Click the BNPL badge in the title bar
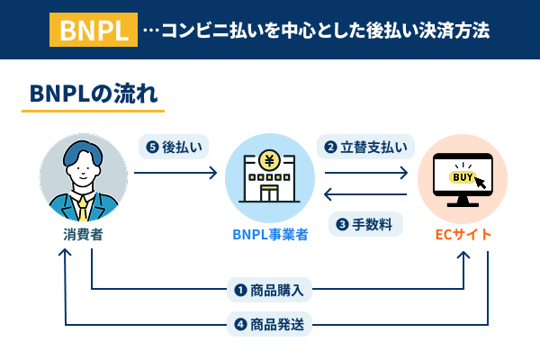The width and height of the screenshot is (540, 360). (94, 31)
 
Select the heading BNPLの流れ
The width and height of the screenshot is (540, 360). (93, 94)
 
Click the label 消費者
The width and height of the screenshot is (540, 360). (83, 235)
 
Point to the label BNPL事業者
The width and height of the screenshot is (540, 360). (270, 235)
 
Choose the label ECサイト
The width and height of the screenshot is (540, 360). (463, 235)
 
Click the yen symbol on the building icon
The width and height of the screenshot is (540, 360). (269, 161)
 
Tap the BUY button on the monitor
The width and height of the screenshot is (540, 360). (461, 177)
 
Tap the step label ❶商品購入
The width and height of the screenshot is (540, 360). (270, 290)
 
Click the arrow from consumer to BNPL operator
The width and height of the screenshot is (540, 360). (175, 172)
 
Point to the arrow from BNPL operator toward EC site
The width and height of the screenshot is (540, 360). (365, 172)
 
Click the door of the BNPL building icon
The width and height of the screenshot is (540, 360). (269, 201)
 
